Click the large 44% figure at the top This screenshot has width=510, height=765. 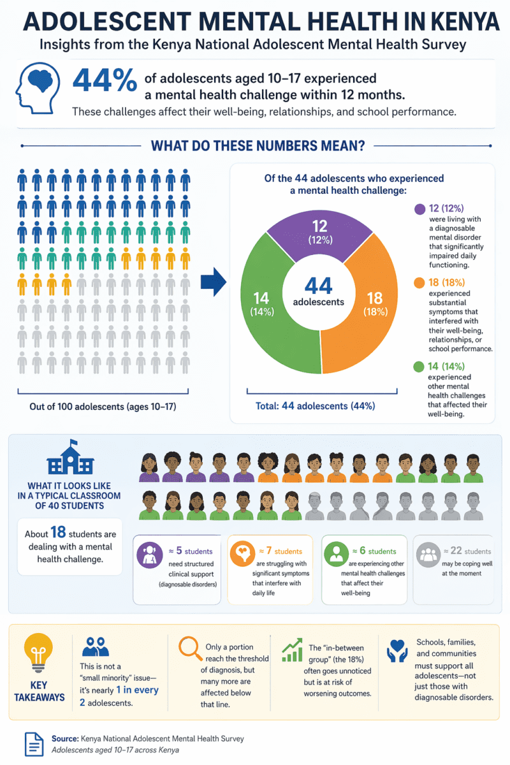pyautogui.click(x=105, y=81)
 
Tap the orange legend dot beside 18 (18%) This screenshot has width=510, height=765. pyautogui.click(x=419, y=282)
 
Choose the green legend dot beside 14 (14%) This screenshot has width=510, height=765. pyautogui.click(x=419, y=367)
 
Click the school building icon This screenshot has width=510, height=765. pyautogui.click(x=70, y=459)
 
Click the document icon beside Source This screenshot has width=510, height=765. pyautogui.click(x=34, y=743)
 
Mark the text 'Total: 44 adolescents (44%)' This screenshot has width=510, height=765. pyautogui.click(x=312, y=405)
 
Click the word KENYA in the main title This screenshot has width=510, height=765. pyautogui.click(x=464, y=22)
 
